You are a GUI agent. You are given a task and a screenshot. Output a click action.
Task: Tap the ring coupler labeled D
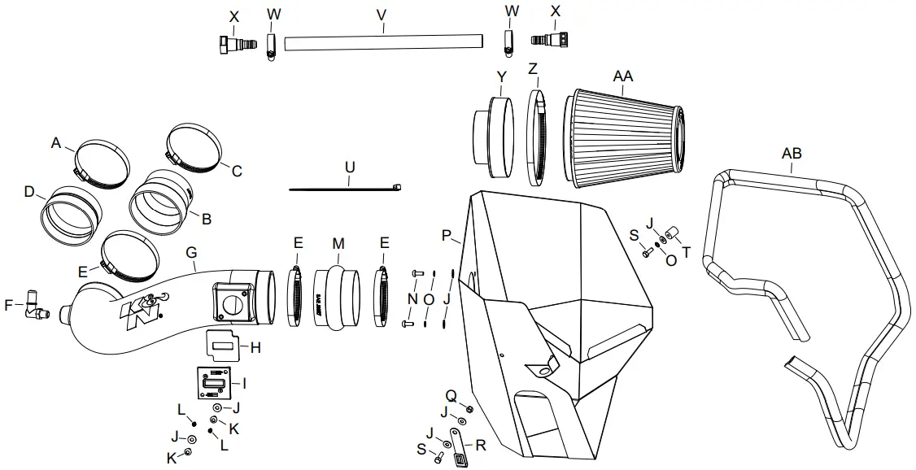[x=70, y=213]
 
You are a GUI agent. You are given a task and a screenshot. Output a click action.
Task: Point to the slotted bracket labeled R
[x=459, y=449]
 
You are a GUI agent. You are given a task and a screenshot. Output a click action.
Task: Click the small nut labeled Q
[x=469, y=408]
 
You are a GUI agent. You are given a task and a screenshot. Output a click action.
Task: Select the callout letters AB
[x=791, y=154]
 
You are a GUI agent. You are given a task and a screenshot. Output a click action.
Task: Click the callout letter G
[x=191, y=253]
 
